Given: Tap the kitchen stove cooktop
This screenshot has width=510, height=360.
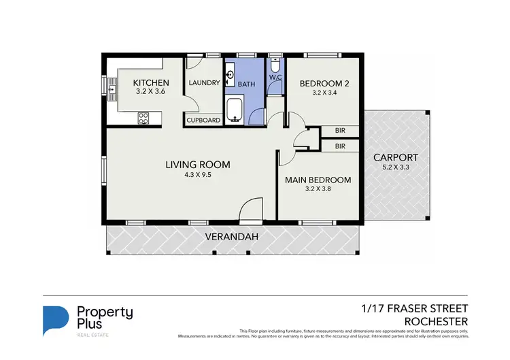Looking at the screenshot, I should click(143, 118).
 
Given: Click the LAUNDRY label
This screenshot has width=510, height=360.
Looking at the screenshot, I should click(204, 83).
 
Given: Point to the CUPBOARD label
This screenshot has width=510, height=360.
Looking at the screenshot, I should click(203, 120).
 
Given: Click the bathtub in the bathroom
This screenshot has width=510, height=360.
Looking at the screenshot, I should click(235, 109).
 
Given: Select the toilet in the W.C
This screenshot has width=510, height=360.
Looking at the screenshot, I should click(274, 66).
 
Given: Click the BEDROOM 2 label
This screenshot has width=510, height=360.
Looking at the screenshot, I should click(324, 84).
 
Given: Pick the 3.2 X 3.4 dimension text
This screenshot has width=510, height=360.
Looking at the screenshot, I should click(324, 93).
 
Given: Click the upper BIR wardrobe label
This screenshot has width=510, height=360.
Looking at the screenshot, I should click(340, 131).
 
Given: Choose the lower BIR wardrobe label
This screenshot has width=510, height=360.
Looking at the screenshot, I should click(340, 146).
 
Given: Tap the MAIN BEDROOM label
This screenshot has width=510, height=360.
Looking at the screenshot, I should click(318, 180).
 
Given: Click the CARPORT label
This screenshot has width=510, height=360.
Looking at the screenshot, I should click(395, 157).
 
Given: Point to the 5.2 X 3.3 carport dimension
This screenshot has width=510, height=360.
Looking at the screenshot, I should click(395, 167).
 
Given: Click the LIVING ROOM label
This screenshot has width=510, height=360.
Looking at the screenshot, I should click(198, 164).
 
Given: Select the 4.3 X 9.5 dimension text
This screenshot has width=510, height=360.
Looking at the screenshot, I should click(198, 174).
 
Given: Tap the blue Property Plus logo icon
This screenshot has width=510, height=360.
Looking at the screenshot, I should click(56, 320).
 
